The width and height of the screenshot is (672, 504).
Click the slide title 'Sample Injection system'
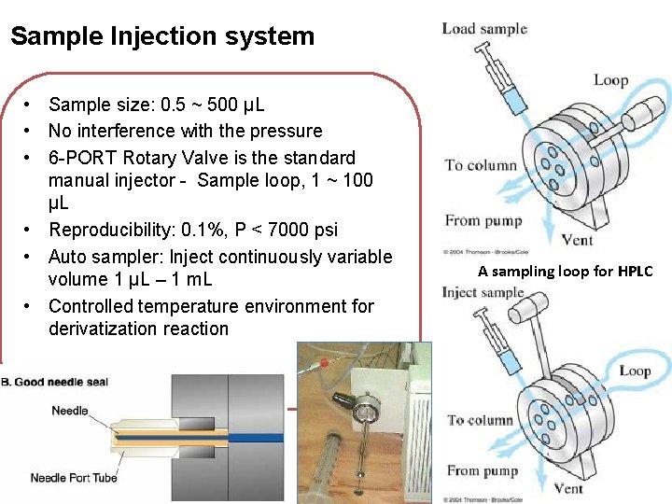pyautogui.click(x=162, y=36)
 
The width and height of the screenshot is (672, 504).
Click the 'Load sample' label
pyautogui.click(x=484, y=28)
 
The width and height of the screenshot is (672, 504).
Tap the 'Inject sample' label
pyautogui.click(x=483, y=293)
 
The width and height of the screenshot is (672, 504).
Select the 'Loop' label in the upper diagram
pyautogui.click(x=610, y=80)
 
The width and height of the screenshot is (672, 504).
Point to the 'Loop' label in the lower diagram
pyautogui.click(x=635, y=371)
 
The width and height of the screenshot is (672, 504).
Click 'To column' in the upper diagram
pyautogui.click(x=481, y=165)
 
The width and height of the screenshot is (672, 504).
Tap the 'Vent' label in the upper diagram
pyautogui.click(x=579, y=240)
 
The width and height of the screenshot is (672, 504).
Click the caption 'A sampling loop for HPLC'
pyautogui.click(x=565, y=272)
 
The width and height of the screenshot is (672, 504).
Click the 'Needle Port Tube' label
pyautogui.click(x=74, y=478)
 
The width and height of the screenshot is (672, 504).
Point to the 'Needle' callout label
pyautogui.click(x=70, y=411)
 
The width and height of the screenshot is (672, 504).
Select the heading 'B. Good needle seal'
pyautogui.click(x=54, y=382)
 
